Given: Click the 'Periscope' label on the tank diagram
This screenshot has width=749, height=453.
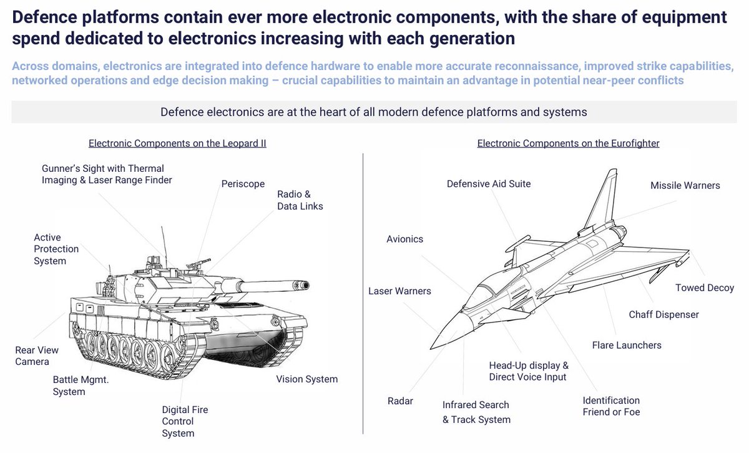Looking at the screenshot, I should (x=243, y=184).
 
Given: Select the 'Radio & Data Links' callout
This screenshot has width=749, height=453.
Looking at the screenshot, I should (x=300, y=200).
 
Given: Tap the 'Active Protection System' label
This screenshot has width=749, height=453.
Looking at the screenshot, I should (x=56, y=249).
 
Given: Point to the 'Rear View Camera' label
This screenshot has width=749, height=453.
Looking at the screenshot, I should (x=32, y=356).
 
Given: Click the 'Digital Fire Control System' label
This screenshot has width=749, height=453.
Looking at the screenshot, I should (x=185, y=421).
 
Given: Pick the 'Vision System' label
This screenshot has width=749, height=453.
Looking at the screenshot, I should (x=306, y=379).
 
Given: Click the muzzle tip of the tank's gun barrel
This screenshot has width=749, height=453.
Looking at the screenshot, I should (x=305, y=285).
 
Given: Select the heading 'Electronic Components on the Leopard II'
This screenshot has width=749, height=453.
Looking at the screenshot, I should (x=177, y=143).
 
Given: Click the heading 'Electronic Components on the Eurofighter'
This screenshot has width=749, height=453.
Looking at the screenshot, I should (x=568, y=143).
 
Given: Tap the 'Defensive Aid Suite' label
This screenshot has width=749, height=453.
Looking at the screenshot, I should (x=489, y=184).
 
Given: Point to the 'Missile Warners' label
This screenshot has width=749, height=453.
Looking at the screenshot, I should (x=685, y=186).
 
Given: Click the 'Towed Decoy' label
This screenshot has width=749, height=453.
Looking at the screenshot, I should (x=704, y=288).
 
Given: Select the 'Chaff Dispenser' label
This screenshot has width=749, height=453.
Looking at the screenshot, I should (x=663, y=314).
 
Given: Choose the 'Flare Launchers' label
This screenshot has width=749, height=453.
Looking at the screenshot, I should (x=626, y=345).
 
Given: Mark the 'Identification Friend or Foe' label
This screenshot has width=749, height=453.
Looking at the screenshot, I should (x=611, y=406).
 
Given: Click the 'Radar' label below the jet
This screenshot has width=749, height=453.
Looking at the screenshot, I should (x=400, y=401).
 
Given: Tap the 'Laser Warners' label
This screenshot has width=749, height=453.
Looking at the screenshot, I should (x=399, y=291).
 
